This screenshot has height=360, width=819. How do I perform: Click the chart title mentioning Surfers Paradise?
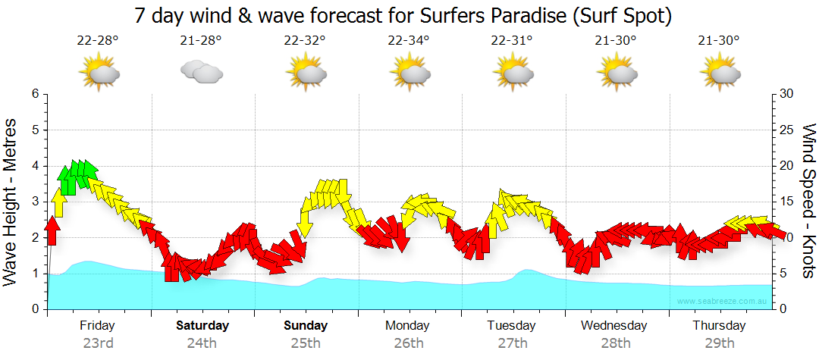[x=403, y=15]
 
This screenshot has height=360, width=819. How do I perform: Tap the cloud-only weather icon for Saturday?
[x=202, y=72]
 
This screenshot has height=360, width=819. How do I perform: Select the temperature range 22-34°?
[x=408, y=41]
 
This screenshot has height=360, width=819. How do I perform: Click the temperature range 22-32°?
[x=305, y=41]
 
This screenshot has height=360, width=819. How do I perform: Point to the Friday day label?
[x=98, y=326]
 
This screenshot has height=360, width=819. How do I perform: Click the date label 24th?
[x=202, y=343]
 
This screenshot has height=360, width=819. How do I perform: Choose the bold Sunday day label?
[x=306, y=326]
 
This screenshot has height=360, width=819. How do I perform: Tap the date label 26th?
[x=409, y=343]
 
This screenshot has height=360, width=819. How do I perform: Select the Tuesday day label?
[x=513, y=326]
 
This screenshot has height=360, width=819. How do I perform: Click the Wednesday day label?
[x=615, y=326]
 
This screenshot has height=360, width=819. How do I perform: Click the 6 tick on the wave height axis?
[x=35, y=94]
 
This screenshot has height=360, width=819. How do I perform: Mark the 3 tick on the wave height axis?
[x=35, y=202]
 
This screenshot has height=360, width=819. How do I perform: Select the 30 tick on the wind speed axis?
[x=786, y=94]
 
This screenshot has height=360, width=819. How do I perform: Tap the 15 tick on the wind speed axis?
[x=786, y=202]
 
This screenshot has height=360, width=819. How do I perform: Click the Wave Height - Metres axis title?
[x=12, y=202]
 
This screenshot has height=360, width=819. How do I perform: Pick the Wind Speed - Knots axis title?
[x=808, y=202]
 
